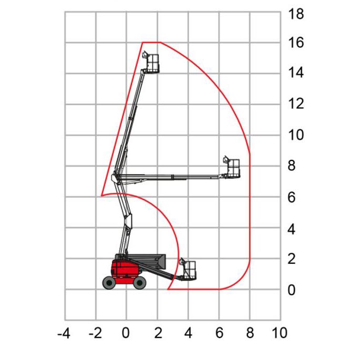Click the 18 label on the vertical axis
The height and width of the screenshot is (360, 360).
(x=296, y=14)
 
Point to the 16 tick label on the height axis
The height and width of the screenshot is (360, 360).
(x=296, y=43)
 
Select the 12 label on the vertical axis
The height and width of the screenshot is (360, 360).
(x=296, y=104)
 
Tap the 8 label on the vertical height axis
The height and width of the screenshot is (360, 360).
(x=292, y=166)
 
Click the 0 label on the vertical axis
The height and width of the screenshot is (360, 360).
(x=292, y=290)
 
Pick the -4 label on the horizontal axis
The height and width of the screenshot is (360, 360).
(x=64, y=333)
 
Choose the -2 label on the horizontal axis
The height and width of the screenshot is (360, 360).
(x=95, y=333)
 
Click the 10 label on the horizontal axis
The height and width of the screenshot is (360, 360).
(x=280, y=333)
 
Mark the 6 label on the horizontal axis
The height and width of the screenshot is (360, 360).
(x=219, y=333)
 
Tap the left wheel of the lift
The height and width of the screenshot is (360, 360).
(x=109, y=283)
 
